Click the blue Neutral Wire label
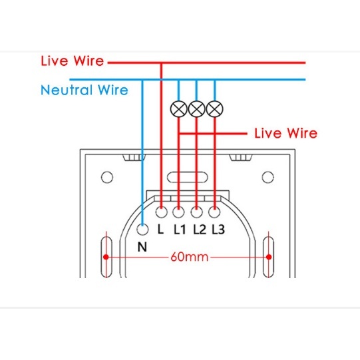pos(85,90)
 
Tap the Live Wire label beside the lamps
pos(286,133)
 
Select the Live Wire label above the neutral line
pos(73,61)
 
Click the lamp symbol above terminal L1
pos(178,109)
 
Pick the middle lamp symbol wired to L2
pos(196,109)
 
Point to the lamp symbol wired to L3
pos(214,109)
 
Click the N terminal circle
pos(142,229)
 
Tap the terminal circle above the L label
pos(162,212)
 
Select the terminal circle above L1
pos(178,212)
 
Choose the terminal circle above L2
pos(196,212)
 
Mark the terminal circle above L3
pos(214,212)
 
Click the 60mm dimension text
pos(190,257)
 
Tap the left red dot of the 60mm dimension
pos(106,257)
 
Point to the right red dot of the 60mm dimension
pos(269,257)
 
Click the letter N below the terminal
pos(142,247)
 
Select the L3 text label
pos(218,229)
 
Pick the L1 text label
pos(180,229)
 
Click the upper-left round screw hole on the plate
pos(107,177)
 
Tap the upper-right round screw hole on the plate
pos(268,177)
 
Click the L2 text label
pos(200,229)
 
